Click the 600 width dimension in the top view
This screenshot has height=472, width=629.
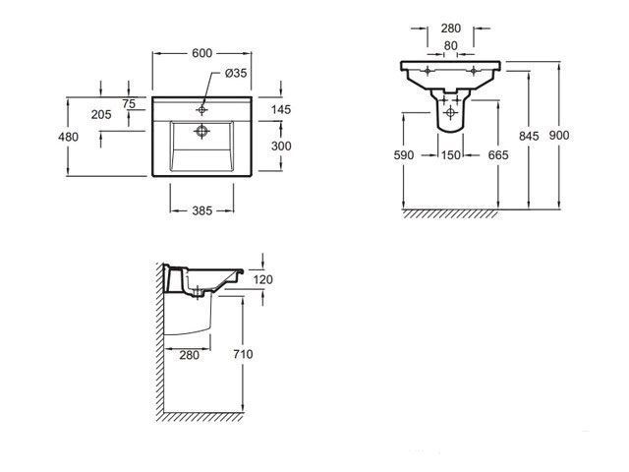click(x=201, y=53)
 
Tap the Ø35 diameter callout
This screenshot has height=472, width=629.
click(x=236, y=73)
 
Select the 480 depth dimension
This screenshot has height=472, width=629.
click(x=68, y=138)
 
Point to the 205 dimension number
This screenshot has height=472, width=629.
click(x=101, y=115)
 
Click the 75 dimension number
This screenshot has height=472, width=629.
click(x=129, y=104)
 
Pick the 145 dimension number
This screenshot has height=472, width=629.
click(x=281, y=109)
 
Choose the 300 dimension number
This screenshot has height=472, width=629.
click(x=281, y=147)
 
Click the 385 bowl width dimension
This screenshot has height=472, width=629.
click(x=201, y=210)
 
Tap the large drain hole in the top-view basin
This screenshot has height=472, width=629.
click(x=201, y=131)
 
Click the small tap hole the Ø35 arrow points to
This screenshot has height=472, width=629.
click(x=201, y=109)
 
